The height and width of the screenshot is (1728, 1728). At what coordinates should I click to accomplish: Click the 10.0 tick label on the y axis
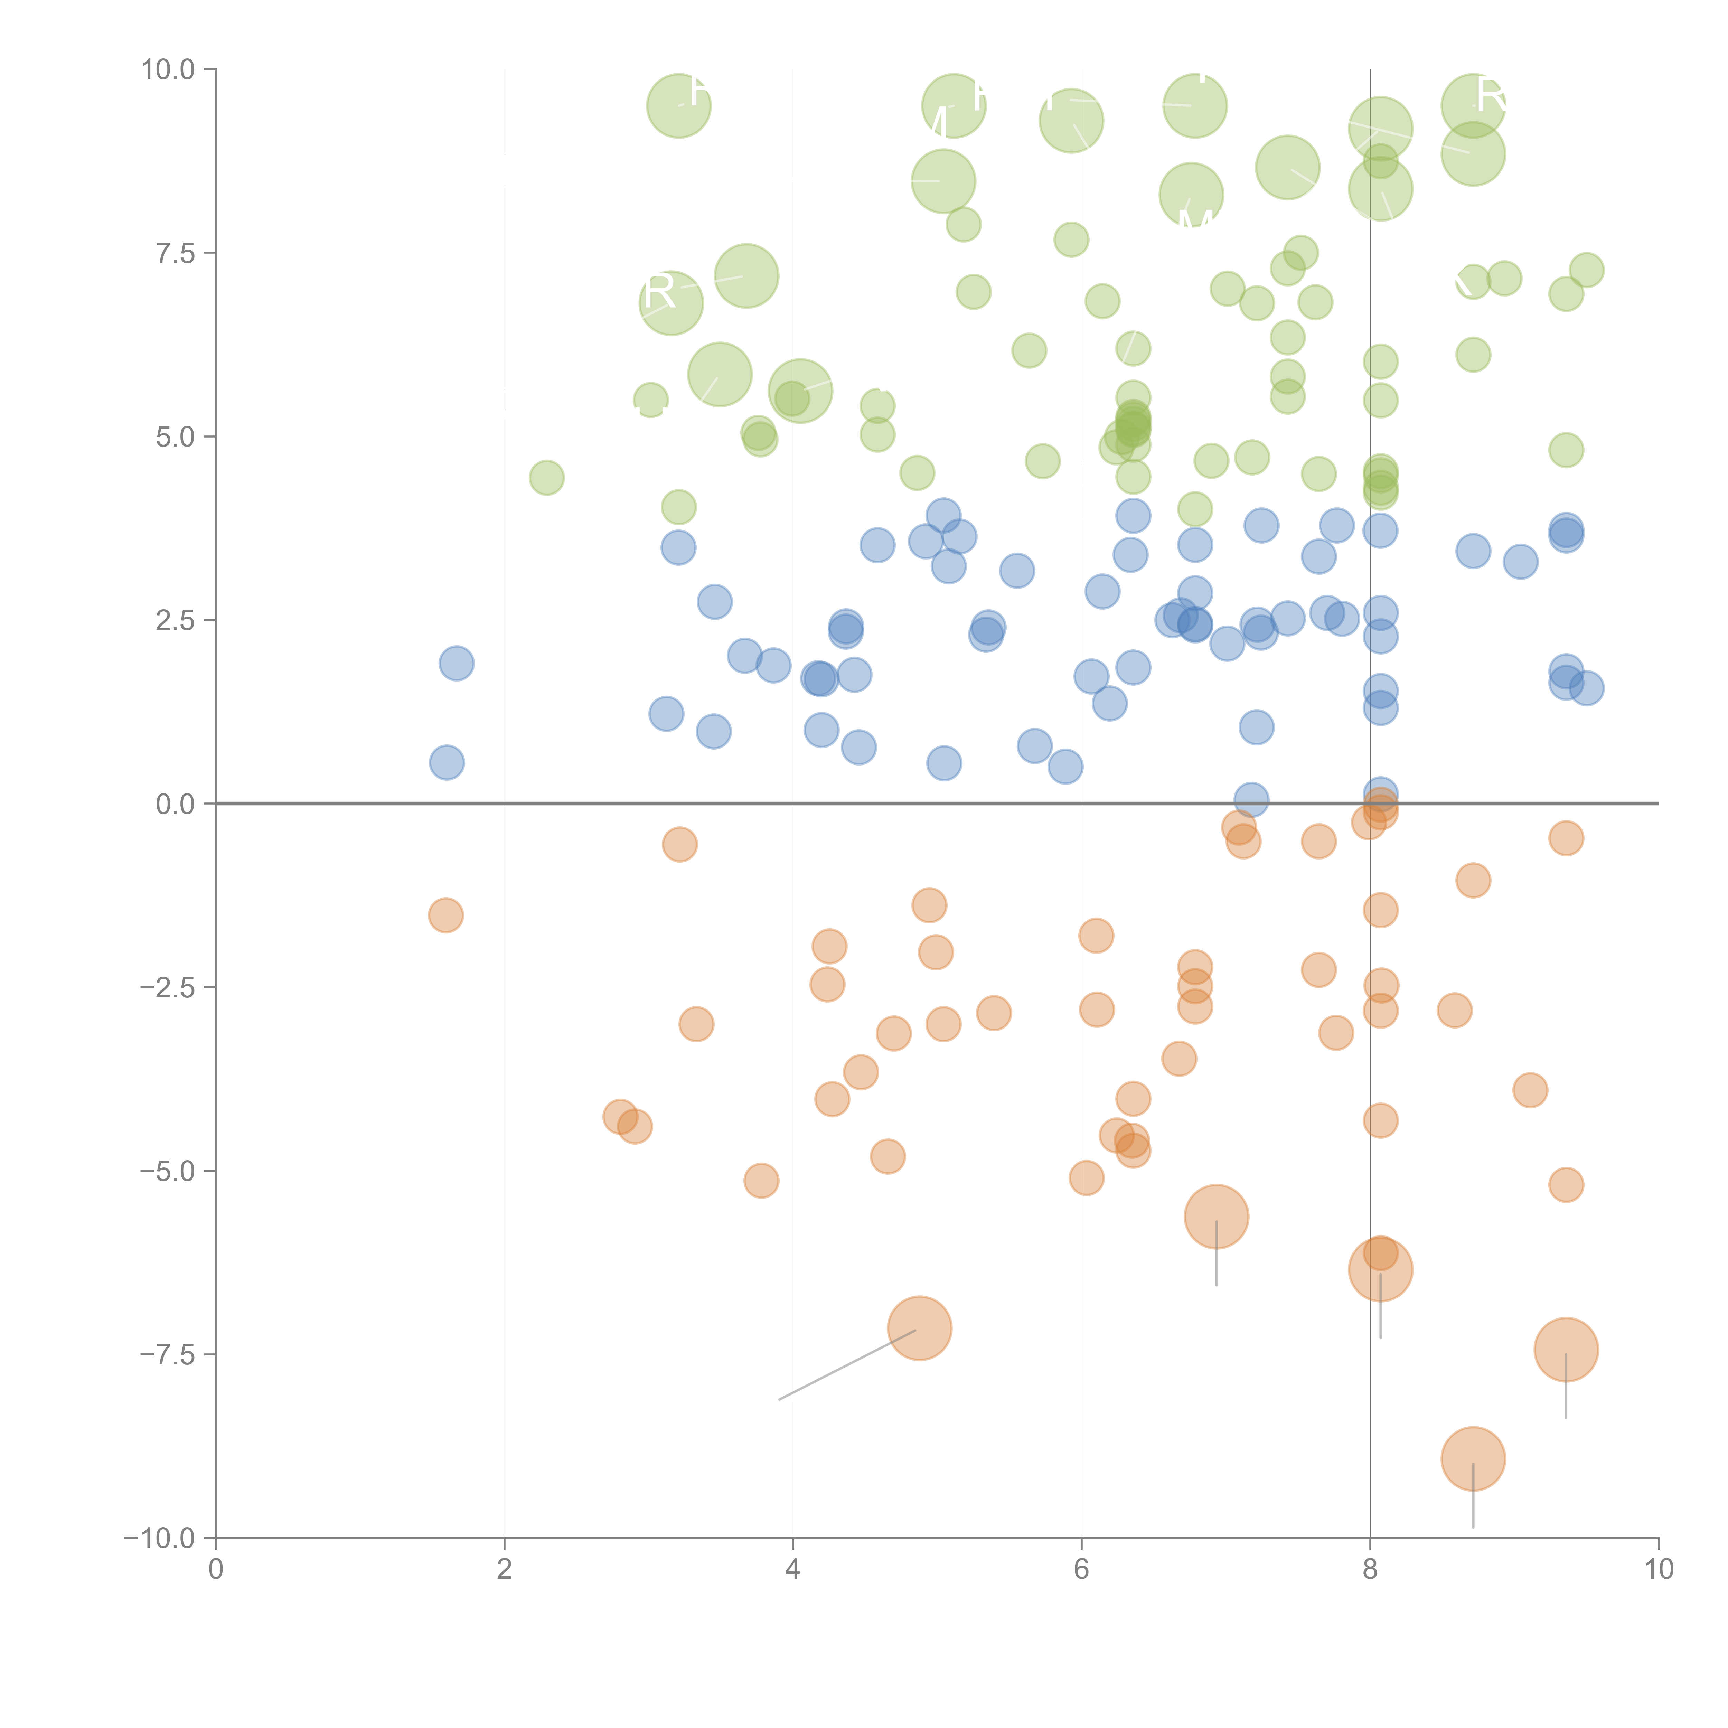168,70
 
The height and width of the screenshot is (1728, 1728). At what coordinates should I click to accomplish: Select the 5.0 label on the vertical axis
175,438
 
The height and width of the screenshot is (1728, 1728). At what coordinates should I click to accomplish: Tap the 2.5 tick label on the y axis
175,621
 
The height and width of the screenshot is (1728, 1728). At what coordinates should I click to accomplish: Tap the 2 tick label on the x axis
505,1570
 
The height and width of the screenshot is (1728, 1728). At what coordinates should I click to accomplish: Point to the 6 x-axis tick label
1081,1570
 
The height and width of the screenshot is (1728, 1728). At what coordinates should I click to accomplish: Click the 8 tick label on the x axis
1370,1570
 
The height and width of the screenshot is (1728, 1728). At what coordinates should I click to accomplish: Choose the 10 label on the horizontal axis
1658,1570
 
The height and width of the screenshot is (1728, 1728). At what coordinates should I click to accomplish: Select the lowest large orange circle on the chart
1473,1459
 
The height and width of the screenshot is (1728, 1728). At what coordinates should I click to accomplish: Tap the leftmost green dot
546,478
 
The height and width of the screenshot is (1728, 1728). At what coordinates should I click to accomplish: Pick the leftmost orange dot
445,915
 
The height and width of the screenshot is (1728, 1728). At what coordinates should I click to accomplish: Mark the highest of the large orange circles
1217,1217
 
